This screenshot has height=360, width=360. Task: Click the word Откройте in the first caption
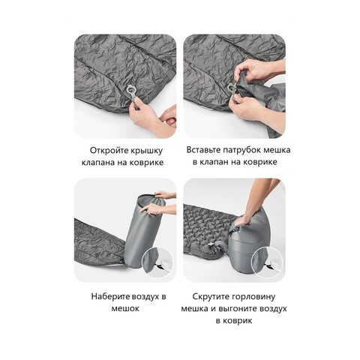click(x=109, y=151)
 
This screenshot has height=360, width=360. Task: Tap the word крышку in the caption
click(x=146, y=151)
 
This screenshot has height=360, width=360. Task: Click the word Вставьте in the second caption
click(x=203, y=150)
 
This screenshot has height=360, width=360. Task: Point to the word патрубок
click(x=239, y=151)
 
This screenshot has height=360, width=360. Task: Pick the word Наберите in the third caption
click(x=110, y=297)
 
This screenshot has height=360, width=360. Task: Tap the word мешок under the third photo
click(x=125, y=308)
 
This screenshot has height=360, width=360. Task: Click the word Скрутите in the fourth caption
click(x=211, y=297)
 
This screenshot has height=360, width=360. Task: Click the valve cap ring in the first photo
click(x=131, y=90)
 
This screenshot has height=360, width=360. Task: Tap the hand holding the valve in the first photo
click(x=143, y=118)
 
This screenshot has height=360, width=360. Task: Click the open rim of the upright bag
click(x=151, y=199)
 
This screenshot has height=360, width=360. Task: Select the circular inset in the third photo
click(x=157, y=262)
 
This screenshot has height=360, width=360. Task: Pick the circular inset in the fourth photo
click(x=267, y=262)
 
